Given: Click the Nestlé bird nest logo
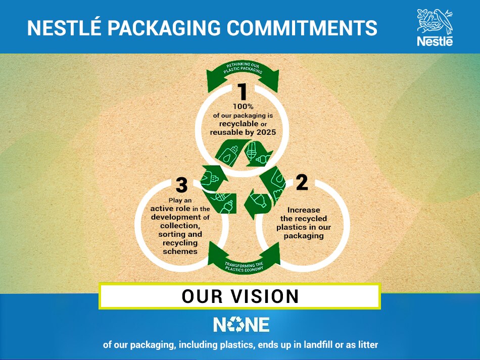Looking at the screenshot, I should [x=435, y=23].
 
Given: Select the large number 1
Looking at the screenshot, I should [x=243, y=92].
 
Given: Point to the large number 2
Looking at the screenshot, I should [x=302, y=182].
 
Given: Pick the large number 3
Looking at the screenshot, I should [x=181, y=185].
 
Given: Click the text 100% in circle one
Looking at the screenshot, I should [x=243, y=106].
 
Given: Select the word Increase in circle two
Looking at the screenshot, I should [x=304, y=210].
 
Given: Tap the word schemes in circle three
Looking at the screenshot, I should [x=180, y=251].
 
